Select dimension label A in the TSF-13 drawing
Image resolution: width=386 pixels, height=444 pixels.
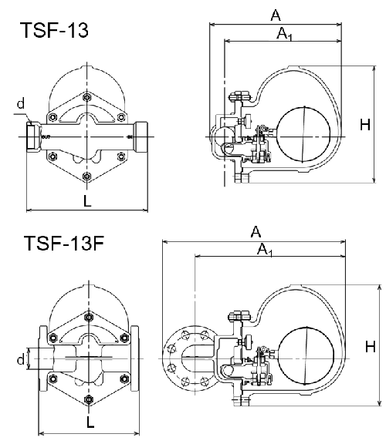tap(276, 15)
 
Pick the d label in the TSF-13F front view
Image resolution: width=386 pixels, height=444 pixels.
tap(20, 358)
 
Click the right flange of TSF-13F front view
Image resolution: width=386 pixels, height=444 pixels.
tap(137, 358)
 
